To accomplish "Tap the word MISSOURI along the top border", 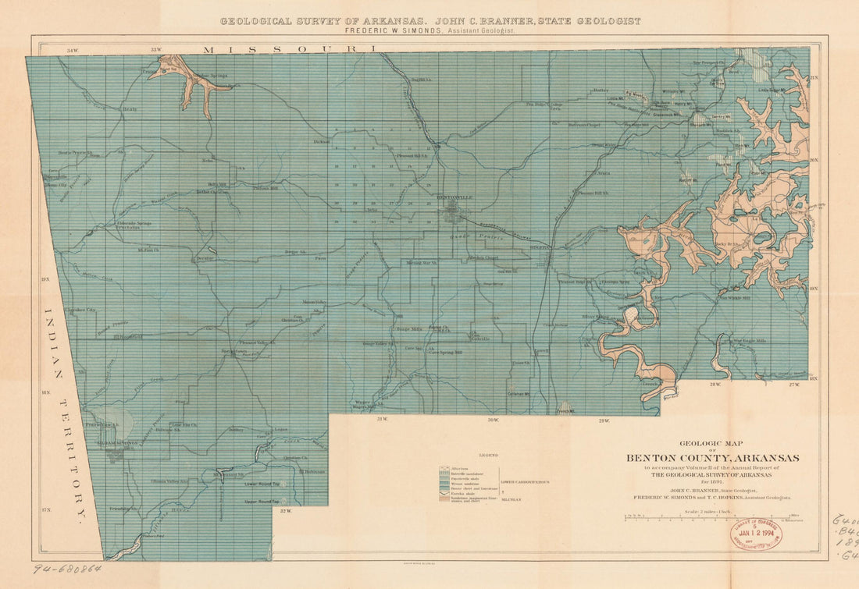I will (x=290, y=49).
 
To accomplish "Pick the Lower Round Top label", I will (x=262, y=484).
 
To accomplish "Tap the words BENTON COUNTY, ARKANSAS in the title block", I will (x=711, y=458).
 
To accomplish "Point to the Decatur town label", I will (x=205, y=257).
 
